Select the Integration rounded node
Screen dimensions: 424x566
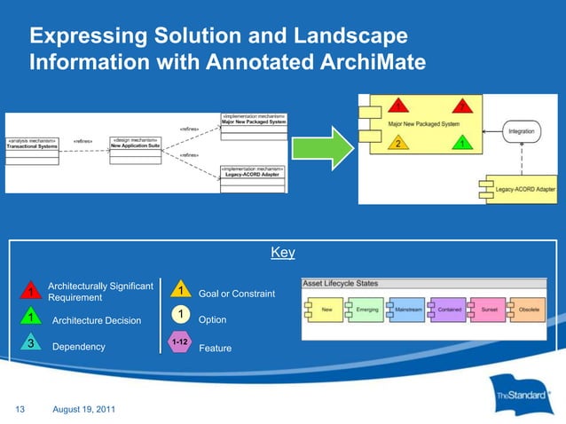point(521,131)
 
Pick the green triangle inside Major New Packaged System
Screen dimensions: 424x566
point(462,143)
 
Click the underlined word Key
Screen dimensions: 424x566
point(282,254)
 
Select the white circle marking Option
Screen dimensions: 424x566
point(180,316)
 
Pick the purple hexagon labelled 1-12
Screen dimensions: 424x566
point(180,342)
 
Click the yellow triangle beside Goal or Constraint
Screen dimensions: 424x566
point(180,290)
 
